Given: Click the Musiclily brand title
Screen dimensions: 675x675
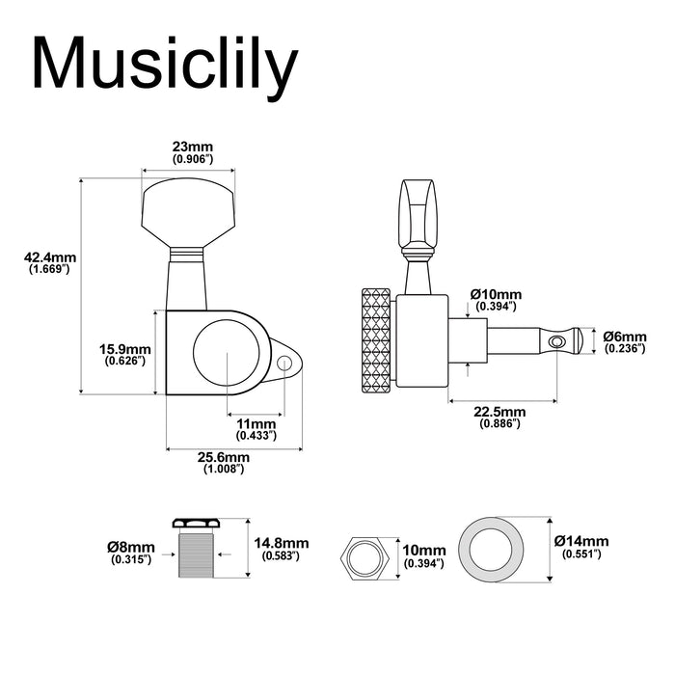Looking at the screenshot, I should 164,66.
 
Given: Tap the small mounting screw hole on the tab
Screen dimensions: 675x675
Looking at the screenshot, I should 286,363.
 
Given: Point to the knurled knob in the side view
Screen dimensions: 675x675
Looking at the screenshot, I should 377,341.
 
